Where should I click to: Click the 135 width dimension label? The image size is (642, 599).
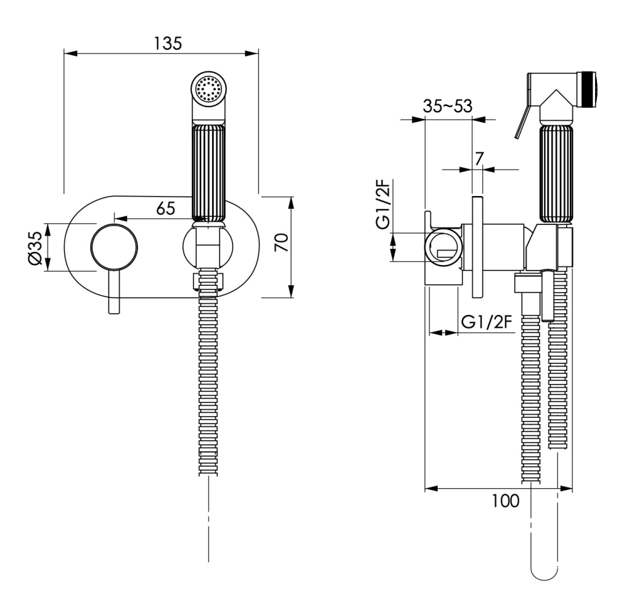click(x=168, y=43)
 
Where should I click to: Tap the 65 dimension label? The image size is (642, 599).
click(x=166, y=208)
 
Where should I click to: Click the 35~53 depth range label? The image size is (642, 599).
click(x=448, y=106)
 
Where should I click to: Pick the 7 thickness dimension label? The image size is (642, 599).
click(x=478, y=159)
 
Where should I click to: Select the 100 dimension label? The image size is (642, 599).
click(x=505, y=501)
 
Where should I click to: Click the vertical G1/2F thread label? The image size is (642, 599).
click(x=383, y=205)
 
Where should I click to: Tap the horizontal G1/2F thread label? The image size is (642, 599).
click(x=487, y=322)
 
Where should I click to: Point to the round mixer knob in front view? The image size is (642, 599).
click(x=114, y=247)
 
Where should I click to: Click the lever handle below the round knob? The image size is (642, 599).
click(x=114, y=292)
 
